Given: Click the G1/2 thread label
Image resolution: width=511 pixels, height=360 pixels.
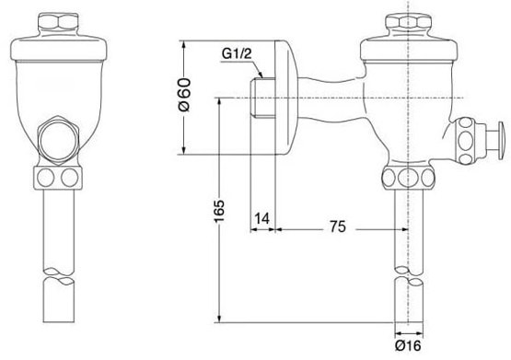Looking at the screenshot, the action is pos(237,53).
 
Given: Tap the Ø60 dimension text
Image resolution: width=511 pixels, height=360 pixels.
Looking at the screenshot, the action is pos(185,95).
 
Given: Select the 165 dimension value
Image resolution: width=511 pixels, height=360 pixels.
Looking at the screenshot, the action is pos(219,212).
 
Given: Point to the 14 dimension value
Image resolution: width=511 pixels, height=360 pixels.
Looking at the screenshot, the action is pos(262,218).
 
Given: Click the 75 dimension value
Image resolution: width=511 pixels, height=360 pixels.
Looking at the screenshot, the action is pos(337,226).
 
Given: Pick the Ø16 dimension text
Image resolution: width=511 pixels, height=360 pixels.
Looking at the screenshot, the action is pos(408,345).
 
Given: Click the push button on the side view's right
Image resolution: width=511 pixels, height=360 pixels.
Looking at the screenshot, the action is pos(497,140).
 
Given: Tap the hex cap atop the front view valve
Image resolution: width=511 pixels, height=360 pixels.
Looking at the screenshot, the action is pos(58,23).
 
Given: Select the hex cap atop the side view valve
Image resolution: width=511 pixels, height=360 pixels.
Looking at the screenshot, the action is pos(408,23).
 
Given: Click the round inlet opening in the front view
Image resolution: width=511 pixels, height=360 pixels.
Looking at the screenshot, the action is pos(58,139).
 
